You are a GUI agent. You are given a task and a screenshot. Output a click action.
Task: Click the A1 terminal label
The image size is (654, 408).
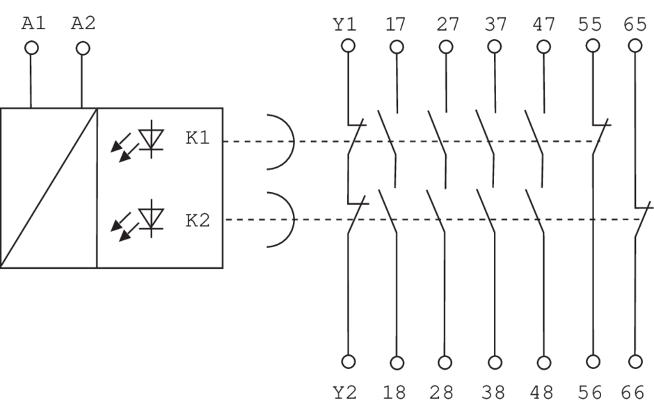click(x=32, y=23)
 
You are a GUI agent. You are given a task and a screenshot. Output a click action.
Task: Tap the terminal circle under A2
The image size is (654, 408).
click(x=83, y=48)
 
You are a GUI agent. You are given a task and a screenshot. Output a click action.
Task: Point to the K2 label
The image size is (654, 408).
click(x=197, y=221)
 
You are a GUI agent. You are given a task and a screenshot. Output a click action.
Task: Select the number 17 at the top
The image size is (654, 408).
click(x=397, y=26)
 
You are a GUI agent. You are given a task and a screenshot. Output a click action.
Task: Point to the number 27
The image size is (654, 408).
click(x=446, y=26)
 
